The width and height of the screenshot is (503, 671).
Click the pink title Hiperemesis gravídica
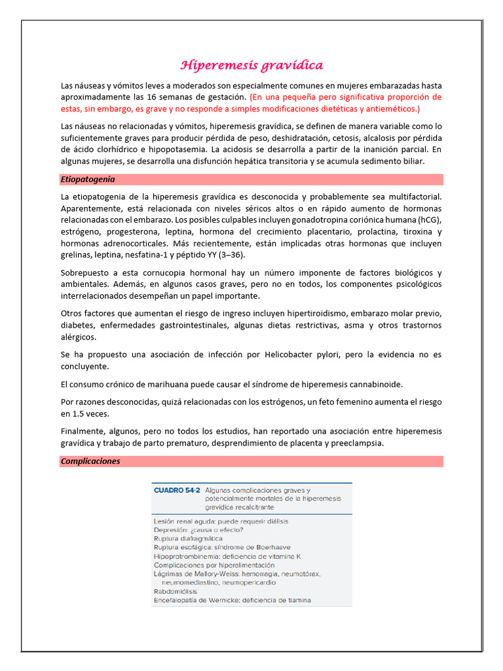click(251, 66)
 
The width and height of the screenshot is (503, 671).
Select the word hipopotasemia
click(200, 149)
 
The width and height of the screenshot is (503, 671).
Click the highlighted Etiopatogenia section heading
click(88, 179)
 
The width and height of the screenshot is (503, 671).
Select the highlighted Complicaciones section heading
click(90, 461)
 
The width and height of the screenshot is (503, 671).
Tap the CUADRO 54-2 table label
click(176, 490)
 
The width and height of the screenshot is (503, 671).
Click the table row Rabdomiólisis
click(176, 591)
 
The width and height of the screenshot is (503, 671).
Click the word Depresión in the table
click(172, 529)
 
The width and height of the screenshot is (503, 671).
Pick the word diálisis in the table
click(273, 521)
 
